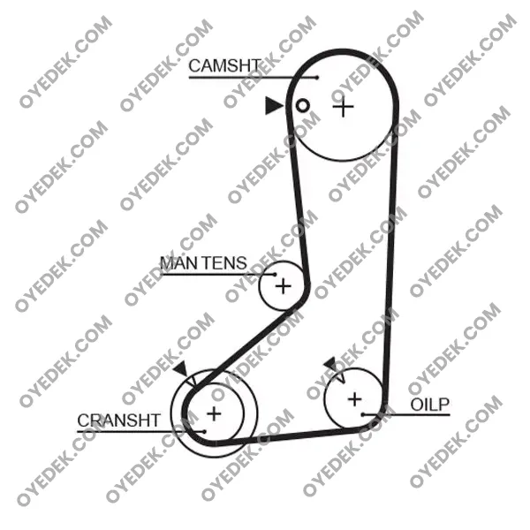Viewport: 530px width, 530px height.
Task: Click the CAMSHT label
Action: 224,65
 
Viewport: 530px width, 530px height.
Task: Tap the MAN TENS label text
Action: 203,263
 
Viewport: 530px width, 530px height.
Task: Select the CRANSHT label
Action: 118,420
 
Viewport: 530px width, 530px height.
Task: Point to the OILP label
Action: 429,405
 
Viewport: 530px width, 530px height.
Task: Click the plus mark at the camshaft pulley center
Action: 343,107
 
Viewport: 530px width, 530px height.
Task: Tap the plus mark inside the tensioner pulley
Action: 284,287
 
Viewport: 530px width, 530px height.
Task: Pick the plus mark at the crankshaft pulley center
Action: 214,413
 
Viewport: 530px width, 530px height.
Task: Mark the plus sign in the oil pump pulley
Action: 354,399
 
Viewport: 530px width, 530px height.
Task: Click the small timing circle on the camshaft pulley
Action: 302,106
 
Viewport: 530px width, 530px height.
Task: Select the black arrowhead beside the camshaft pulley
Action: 273,105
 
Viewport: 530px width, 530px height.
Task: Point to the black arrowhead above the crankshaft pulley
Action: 181,369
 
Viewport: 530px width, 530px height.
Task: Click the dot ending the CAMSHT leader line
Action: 317,78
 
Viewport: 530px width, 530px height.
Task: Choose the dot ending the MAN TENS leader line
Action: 275,275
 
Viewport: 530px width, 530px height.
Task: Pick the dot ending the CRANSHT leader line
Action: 204,432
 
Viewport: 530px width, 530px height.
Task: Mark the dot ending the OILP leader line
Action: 362,414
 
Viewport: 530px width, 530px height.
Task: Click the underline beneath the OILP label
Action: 406,414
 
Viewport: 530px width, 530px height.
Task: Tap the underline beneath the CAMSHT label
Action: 253,78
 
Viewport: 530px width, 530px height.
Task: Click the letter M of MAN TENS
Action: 168,263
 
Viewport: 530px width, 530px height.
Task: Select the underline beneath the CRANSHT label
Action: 140,432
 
